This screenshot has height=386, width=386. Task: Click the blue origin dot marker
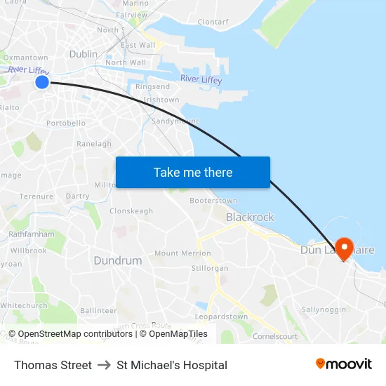point(41,82)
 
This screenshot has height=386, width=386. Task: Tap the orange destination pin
point(344,248)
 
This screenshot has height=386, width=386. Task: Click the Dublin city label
point(84,54)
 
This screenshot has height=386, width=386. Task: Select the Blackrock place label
point(250,218)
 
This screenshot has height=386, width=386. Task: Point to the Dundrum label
point(117,260)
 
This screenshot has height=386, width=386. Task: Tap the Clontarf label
point(213,22)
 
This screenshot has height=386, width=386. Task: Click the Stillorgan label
point(210,268)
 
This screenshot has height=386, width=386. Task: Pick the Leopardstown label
point(221,317)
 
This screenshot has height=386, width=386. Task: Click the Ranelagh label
point(94,144)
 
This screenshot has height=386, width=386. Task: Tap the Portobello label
point(66,123)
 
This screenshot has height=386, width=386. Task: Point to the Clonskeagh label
point(131,211)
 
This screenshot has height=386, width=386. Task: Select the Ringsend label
point(152,87)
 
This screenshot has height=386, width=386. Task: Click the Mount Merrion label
point(182,253)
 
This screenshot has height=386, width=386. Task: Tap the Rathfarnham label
point(32,234)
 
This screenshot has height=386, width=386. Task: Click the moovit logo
point(343,364)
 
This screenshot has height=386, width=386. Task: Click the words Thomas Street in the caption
point(53,365)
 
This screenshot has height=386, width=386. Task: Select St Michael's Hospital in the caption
point(172,365)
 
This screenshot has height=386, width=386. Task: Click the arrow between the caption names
point(105,365)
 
